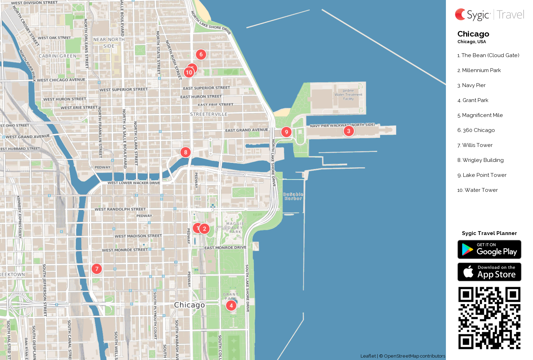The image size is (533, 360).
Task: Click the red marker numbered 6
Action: [x=201, y=54]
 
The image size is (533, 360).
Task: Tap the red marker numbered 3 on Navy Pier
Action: [x=349, y=131]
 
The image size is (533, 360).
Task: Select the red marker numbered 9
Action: [x=286, y=132]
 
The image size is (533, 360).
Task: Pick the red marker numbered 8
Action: [x=186, y=152]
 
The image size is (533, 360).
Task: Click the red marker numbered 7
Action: [x=97, y=269]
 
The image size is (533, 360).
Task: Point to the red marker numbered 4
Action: [x=231, y=305]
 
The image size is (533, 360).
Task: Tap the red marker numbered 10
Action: [x=189, y=72]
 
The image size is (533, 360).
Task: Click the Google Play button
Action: [x=489, y=249]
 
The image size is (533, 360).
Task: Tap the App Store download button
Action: [x=489, y=272]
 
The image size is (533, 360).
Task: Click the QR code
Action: [x=489, y=318]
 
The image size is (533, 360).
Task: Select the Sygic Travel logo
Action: [x=489, y=15]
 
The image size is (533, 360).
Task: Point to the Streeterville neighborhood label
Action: [x=209, y=114]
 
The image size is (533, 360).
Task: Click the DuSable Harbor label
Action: [x=293, y=196]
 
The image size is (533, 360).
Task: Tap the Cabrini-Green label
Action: [x=57, y=56]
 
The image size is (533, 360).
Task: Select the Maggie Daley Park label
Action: [x=235, y=228]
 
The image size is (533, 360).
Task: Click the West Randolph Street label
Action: [x=120, y=209]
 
